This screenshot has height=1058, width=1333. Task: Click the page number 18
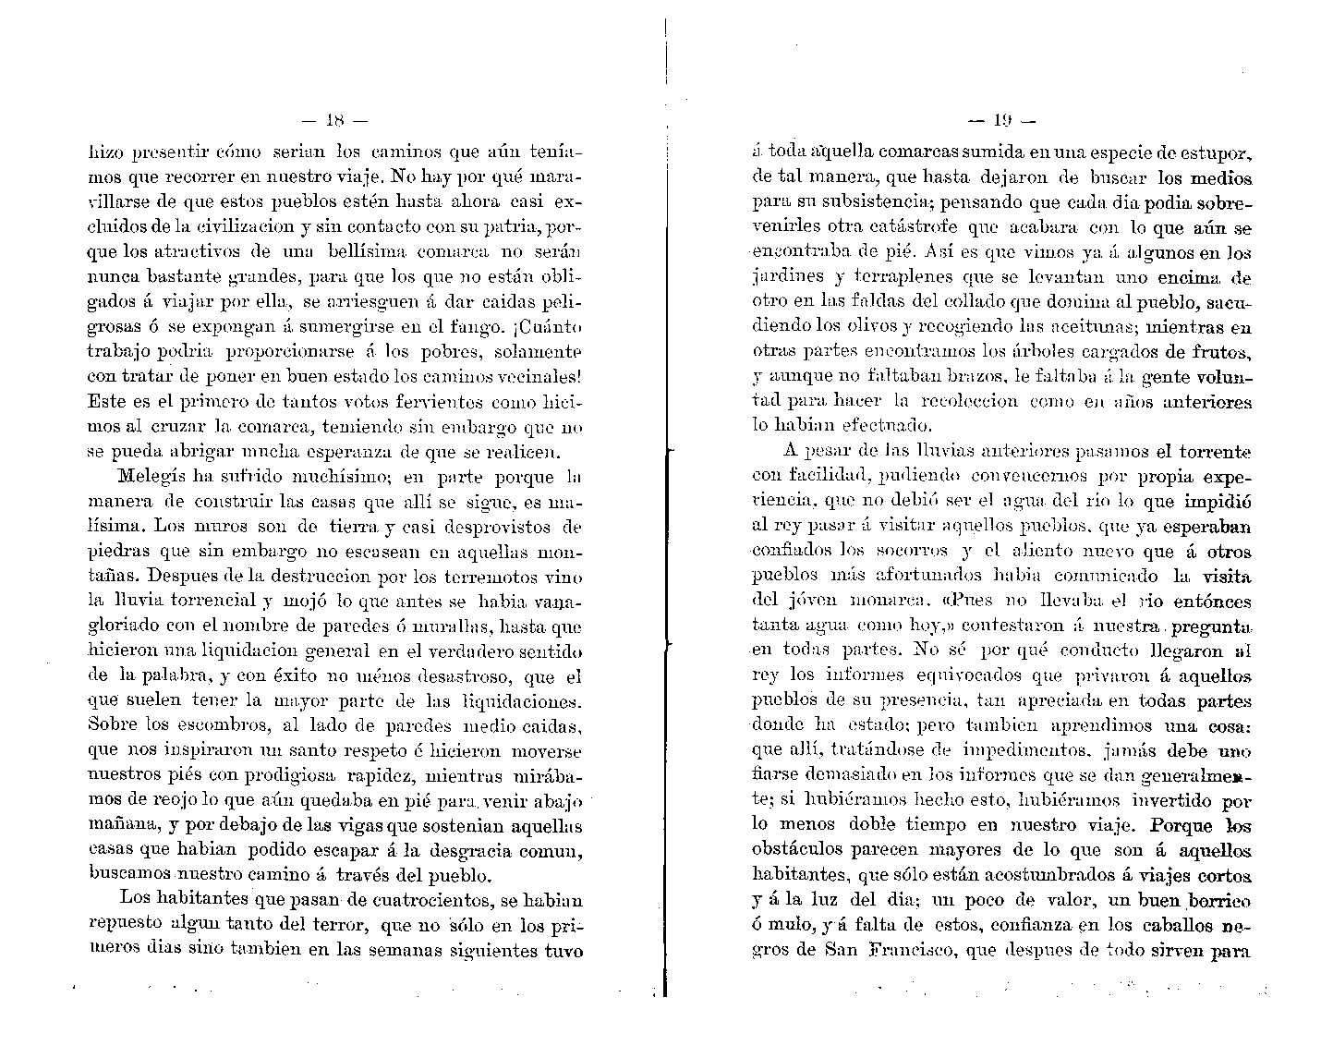tap(334, 119)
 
